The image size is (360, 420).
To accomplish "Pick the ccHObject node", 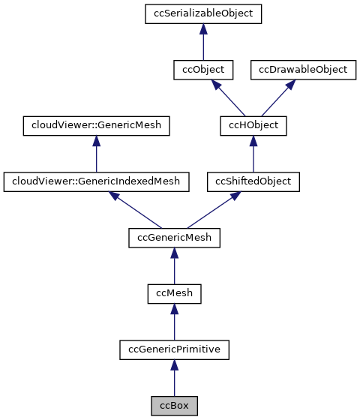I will tap(253, 125).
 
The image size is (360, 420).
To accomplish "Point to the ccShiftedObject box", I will tap(253, 181).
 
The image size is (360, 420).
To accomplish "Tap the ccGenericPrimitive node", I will tap(174, 349).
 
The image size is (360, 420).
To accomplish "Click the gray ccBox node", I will tap(174, 405).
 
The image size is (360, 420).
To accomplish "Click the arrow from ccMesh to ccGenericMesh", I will tap(174, 265).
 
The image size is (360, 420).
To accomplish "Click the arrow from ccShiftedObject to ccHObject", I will tap(253, 154).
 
